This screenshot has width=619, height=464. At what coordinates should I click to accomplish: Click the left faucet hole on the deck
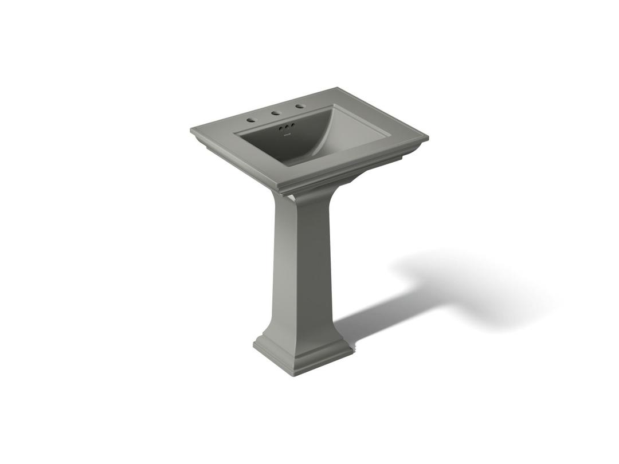coord(250,120)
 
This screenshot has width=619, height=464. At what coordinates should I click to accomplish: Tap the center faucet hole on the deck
coord(276,113)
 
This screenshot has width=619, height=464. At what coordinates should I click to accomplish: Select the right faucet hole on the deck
coord(300,107)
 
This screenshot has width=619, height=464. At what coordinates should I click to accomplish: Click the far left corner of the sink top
coord(191,130)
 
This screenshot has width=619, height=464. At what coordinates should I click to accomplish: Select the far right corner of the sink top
coord(428,137)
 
